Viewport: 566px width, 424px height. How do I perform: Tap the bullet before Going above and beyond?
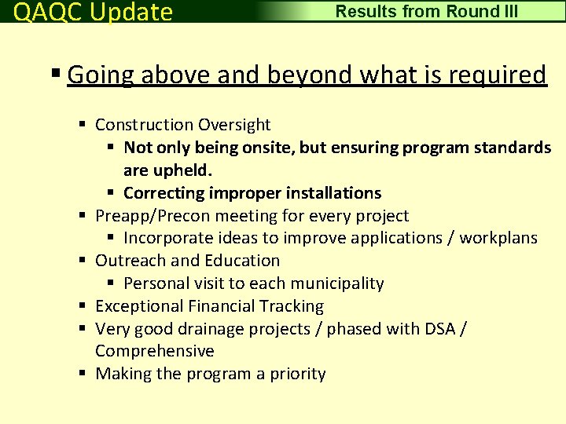[x=56, y=75]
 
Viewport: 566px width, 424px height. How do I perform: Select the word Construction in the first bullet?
[x=144, y=125]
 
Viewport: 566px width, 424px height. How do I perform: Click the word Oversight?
[x=234, y=125]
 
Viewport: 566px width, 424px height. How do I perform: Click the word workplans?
[x=498, y=238]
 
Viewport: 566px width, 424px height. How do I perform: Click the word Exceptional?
[x=138, y=306]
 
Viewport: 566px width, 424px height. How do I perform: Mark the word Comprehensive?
[x=154, y=351]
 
